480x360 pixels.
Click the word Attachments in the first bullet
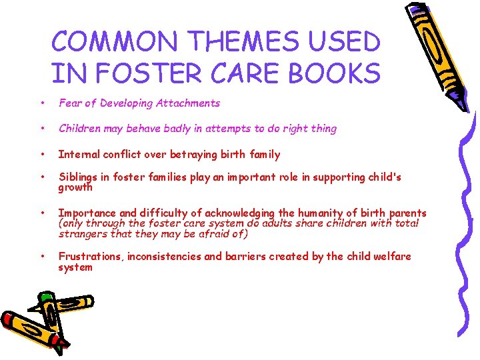pos(187,103)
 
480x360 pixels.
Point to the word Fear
pos(70,103)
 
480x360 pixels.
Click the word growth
pos(75,187)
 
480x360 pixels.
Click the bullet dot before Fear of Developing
pos(42,103)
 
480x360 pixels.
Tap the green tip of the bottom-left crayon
pos(46,296)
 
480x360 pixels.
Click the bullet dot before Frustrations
pos(42,257)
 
